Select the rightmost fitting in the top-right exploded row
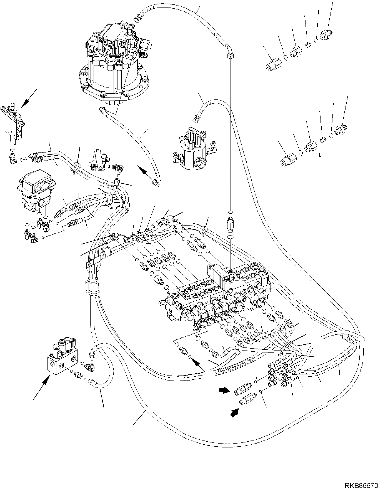tap(326, 35)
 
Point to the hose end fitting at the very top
tap(137, 18)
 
